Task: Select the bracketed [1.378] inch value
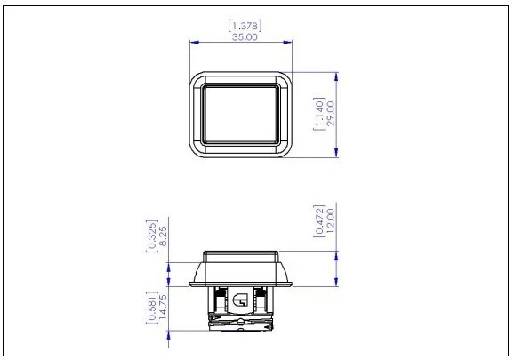pyautogui.click(x=241, y=26)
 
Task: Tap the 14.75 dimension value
pyautogui.click(x=164, y=308)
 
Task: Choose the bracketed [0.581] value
pyautogui.click(x=151, y=308)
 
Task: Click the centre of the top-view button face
pyautogui.click(x=241, y=115)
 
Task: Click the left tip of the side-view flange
pyautogui.click(x=190, y=284)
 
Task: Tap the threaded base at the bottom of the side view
pyautogui.click(x=241, y=325)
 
